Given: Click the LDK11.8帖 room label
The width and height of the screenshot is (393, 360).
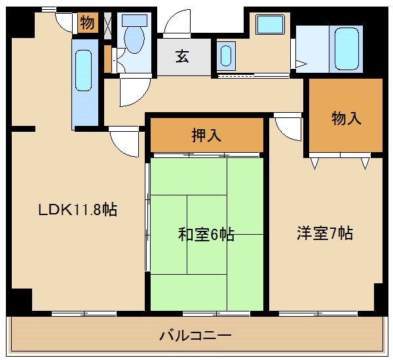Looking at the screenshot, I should [77, 210].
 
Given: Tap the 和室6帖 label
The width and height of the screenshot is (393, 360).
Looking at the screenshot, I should [206, 234].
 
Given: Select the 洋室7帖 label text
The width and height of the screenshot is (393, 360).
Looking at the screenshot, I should [325, 233].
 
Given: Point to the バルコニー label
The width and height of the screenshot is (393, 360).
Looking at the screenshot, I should [195, 336].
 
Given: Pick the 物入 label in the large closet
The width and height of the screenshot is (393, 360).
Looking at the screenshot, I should [346, 118].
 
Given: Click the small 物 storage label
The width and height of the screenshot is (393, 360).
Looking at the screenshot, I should [86, 23].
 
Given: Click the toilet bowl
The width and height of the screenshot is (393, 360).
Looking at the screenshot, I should [134, 41].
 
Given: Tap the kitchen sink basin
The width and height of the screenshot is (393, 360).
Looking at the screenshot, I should [83, 70].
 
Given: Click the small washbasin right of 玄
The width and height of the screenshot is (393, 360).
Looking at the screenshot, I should [227, 55].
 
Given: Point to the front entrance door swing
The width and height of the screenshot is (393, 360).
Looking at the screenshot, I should [176, 25].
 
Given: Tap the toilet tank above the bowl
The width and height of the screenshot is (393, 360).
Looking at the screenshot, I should [134, 20].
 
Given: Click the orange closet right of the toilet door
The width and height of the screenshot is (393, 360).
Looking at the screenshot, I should [107, 58].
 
